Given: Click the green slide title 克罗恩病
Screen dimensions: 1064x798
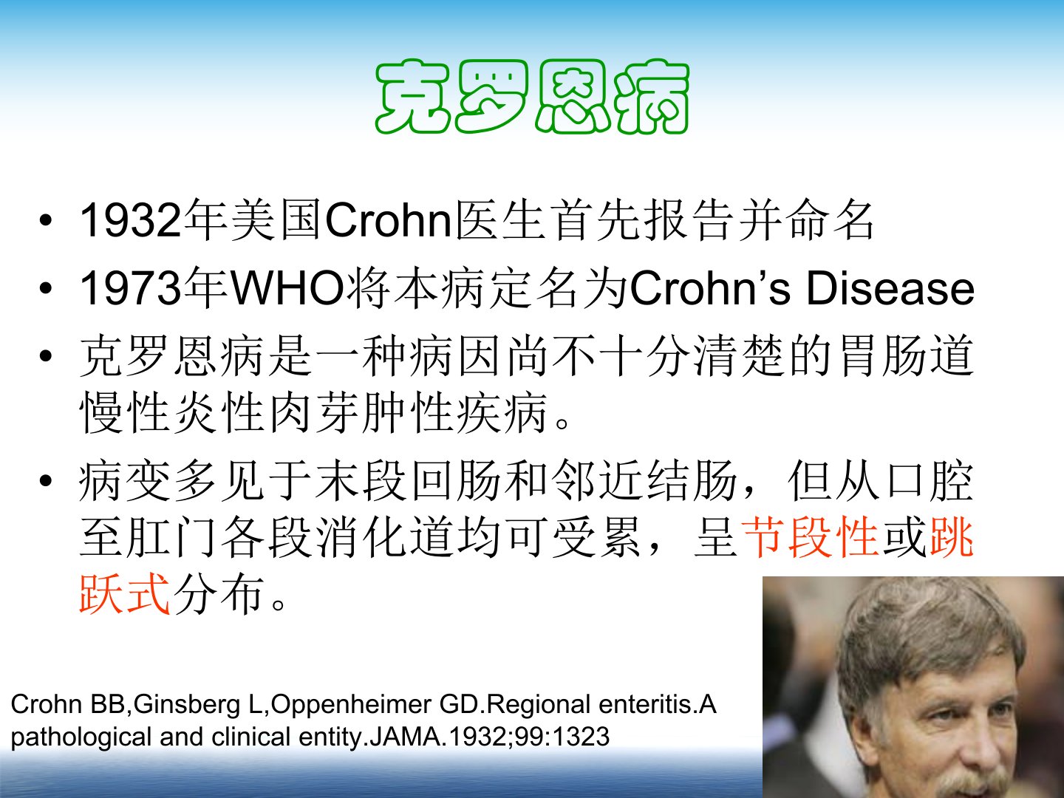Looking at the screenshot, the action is (532, 97).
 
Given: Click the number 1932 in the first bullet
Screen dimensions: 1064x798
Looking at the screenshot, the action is (131, 221).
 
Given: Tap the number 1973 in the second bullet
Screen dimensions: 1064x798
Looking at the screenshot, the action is (131, 289).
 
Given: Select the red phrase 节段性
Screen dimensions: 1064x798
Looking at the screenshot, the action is (810, 537).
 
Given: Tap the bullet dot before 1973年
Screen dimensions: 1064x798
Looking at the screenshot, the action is (46, 289).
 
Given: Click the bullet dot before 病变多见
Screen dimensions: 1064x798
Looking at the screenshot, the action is (46, 481).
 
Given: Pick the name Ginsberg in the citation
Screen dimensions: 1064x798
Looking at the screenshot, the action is (187, 704).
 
